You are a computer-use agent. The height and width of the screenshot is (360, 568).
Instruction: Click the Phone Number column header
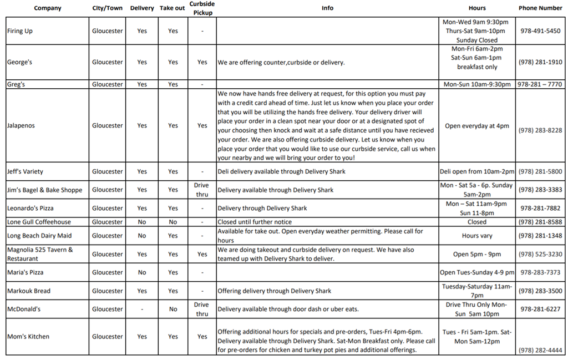point(540,8)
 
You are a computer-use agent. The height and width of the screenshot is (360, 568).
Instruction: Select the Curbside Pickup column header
point(202,8)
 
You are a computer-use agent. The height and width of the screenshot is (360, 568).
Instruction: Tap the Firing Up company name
point(20,31)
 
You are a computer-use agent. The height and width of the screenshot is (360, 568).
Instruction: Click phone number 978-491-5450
point(540,31)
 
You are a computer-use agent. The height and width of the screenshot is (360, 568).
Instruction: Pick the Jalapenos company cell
point(21,125)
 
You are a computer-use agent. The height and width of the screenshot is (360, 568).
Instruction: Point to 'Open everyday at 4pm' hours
point(476,126)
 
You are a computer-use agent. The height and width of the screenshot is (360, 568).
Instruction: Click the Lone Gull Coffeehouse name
point(39,222)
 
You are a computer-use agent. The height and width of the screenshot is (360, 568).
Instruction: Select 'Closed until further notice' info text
point(254,222)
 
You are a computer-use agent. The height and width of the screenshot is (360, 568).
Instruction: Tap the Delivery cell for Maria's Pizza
point(142,272)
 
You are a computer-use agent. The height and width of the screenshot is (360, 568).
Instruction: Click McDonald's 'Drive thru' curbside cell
point(201,309)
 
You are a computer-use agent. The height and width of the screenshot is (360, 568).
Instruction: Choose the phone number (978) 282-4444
point(540,350)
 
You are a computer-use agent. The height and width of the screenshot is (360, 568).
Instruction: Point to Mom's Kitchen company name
point(28,336)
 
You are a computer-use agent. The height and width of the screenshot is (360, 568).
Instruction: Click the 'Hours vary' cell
point(476,236)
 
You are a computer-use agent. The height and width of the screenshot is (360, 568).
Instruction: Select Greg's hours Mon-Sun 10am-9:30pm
point(476,84)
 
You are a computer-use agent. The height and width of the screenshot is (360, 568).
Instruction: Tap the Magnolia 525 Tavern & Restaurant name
point(40,254)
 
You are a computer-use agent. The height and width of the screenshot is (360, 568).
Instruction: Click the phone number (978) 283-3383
point(540,190)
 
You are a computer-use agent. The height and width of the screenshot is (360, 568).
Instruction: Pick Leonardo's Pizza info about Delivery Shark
point(262,209)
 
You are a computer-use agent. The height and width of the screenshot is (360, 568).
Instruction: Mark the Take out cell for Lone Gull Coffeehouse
point(173,222)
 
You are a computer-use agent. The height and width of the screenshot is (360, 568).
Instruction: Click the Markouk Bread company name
point(29,291)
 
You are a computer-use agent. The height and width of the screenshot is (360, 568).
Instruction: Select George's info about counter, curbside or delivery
point(281,62)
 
